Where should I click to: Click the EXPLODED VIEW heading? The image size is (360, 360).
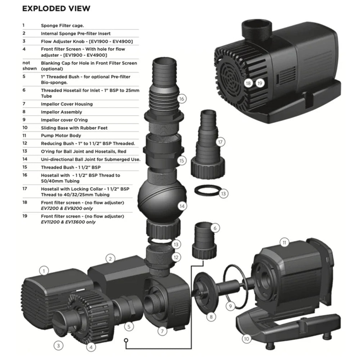[56, 8]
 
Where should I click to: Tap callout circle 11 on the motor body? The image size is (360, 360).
[285, 243]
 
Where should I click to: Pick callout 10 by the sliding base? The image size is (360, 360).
[246, 339]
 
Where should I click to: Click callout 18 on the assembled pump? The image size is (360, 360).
[248, 83]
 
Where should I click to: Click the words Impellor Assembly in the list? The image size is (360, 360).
[61, 112]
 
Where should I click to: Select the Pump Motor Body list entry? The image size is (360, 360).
[61, 136]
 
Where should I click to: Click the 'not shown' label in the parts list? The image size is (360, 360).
[29, 66]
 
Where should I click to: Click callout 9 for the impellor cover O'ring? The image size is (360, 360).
[230, 306]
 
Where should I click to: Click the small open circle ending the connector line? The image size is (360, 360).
[126, 340]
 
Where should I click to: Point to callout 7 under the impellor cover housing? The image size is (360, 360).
[162, 330]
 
